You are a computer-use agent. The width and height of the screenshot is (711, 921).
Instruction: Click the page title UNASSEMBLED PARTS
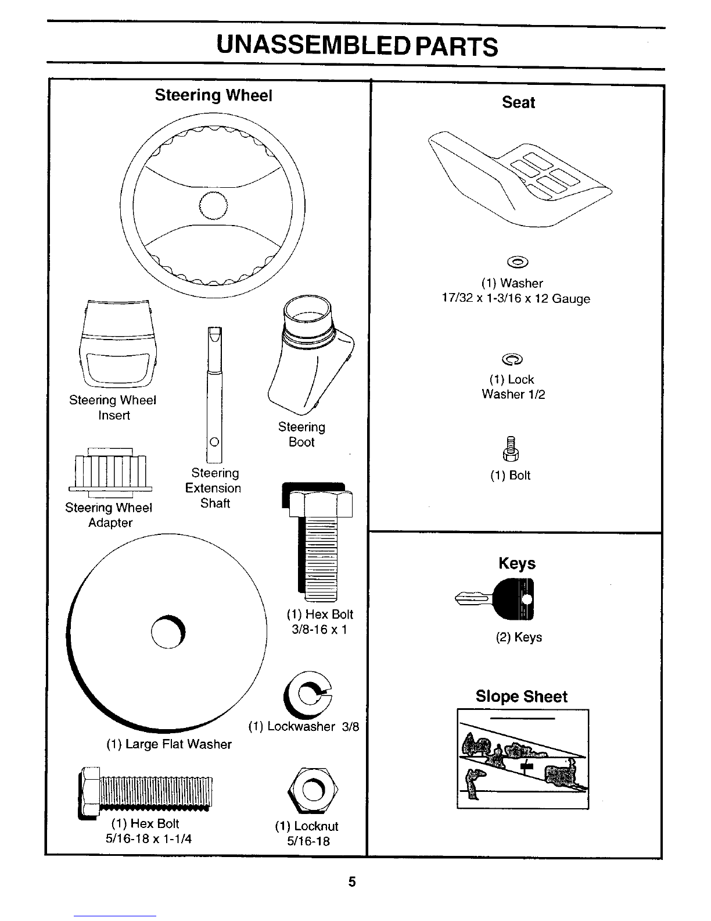[356, 46]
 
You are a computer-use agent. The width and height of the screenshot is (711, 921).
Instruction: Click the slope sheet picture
[523, 759]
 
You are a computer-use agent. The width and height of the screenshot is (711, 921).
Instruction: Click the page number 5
[352, 882]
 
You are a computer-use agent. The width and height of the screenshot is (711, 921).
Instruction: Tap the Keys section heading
[517, 563]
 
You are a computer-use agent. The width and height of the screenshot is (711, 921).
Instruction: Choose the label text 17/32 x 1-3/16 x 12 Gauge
[515, 299]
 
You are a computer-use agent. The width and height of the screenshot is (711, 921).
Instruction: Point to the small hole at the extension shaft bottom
[214, 441]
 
